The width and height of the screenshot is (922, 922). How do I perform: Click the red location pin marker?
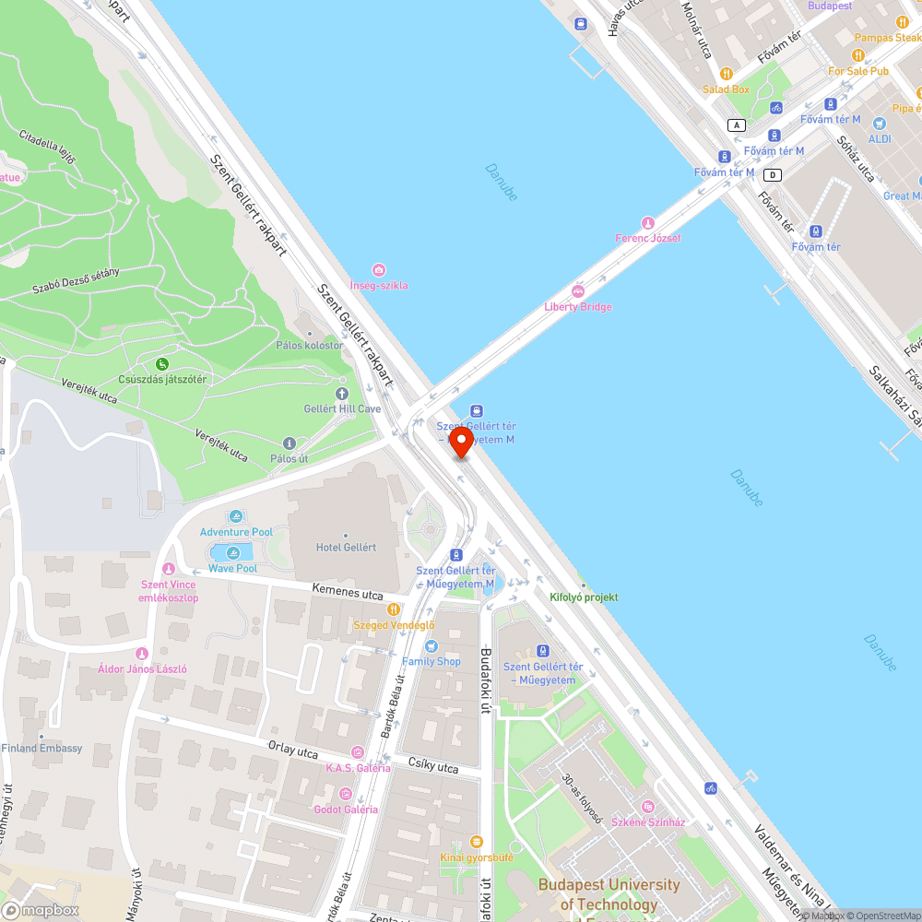point(461,442)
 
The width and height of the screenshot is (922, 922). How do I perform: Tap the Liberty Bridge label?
point(578,307)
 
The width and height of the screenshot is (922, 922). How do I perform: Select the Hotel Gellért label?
point(346,547)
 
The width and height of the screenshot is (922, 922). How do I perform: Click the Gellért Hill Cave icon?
point(342,394)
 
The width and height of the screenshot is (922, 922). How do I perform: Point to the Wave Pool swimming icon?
point(232,553)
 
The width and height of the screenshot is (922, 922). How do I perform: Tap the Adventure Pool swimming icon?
point(237,516)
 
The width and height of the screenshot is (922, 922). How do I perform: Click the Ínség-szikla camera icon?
point(379,269)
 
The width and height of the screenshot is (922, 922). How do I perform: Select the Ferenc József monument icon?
point(648,222)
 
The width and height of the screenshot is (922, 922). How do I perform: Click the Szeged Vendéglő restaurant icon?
point(394,609)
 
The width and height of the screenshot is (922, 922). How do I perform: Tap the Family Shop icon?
point(431,645)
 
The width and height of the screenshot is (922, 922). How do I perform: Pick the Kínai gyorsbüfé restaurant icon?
point(476,841)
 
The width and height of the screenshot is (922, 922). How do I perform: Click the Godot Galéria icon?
point(345,793)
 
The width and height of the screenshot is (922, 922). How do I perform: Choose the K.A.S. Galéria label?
point(358,768)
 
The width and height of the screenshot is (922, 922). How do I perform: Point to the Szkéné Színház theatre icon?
point(648,807)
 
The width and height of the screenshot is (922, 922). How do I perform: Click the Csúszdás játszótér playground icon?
point(162,364)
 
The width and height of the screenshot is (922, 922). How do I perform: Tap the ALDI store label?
point(880,139)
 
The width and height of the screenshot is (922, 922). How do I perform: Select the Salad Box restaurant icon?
point(727,74)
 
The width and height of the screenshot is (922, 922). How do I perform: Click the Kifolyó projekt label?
point(584,597)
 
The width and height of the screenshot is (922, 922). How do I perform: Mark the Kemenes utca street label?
point(348,596)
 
